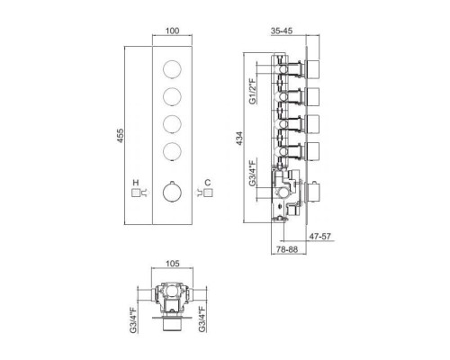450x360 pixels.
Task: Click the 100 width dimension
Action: (172, 31)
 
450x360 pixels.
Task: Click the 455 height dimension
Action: (120, 136)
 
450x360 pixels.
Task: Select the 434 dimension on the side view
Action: (239, 139)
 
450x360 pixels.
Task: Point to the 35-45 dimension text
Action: (282, 31)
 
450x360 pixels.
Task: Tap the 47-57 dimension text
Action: (320, 237)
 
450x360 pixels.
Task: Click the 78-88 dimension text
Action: (287, 249)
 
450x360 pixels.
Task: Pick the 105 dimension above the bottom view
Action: (173, 264)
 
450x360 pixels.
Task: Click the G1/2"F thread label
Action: (253, 91)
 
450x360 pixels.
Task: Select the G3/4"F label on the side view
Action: (253, 173)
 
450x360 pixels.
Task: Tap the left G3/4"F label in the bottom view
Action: (133, 319)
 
